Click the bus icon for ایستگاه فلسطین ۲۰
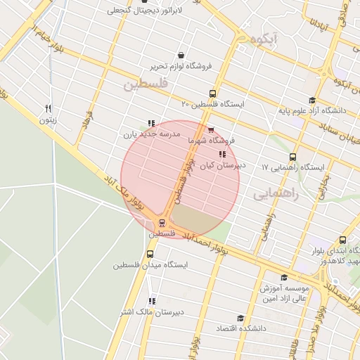212,94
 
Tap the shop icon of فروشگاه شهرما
211,129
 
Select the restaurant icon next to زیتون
48,108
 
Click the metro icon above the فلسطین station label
163,223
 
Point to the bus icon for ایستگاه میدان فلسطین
149,254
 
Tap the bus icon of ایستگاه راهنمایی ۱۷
292,157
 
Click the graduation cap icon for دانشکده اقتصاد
240,318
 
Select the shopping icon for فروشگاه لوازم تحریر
181,56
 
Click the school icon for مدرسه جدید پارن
150,122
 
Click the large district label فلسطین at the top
146,84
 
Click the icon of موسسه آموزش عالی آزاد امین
283,278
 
